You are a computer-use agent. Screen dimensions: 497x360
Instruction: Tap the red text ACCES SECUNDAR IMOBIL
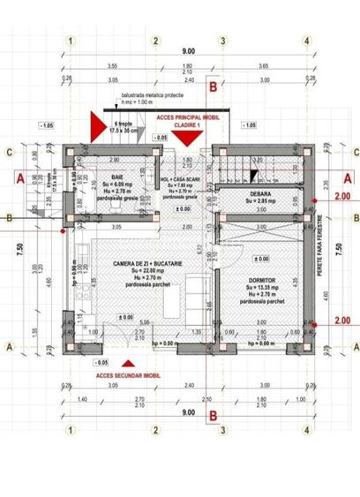pos(129,373)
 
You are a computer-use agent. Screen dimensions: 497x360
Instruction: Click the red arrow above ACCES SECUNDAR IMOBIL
pos(129,362)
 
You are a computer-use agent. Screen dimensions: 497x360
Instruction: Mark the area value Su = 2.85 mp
pos(260,200)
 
